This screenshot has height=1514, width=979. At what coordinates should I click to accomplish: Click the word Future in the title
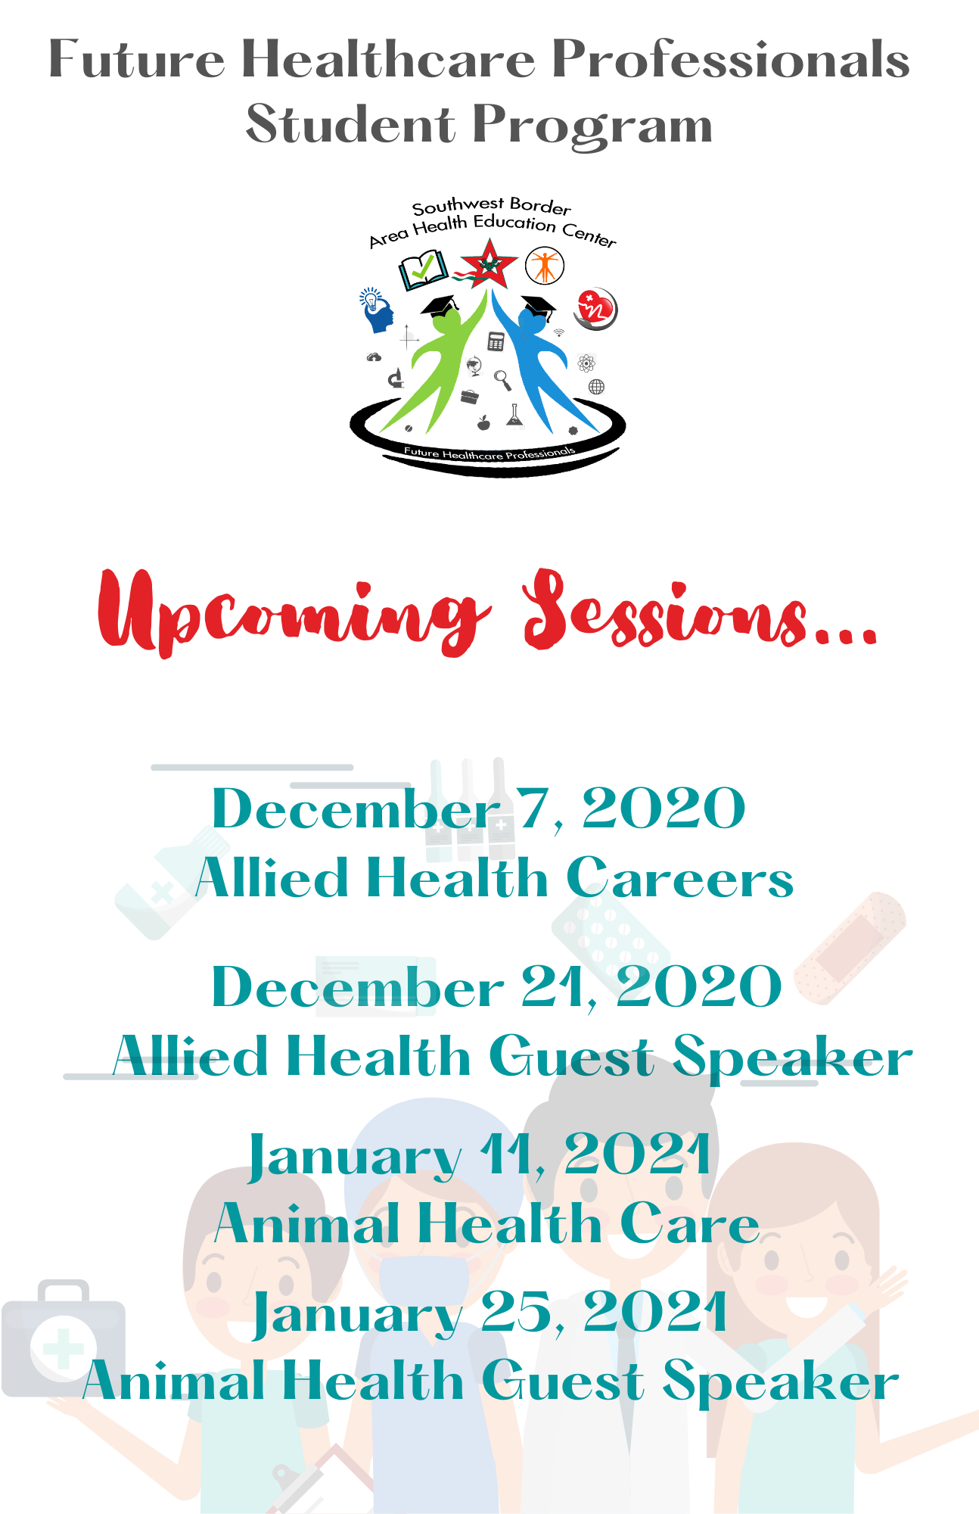(x=137, y=59)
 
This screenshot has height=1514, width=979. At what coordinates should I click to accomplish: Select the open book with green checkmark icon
(x=423, y=270)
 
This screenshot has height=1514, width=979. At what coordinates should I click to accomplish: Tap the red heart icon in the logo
(x=596, y=309)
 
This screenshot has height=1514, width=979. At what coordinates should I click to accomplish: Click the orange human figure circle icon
(x=545, y=266)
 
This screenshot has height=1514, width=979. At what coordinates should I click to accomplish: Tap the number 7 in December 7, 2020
(x=533, y=808)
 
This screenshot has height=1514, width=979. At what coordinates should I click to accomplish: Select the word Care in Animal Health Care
(x=689, y=1223)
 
